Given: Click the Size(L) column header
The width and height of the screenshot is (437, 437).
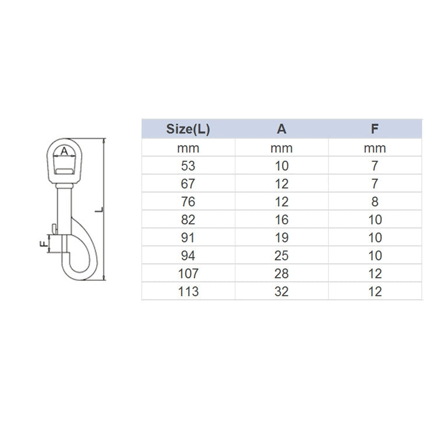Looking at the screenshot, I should [188, 129].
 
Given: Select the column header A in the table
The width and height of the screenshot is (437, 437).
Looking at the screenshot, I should [281, 129].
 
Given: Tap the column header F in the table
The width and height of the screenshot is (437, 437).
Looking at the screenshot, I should [375, 129].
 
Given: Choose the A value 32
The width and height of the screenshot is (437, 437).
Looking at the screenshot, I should [281, 291].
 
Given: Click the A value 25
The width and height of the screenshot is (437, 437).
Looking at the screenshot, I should [281, 256].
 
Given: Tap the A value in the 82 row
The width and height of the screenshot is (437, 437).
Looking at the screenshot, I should [281, 220].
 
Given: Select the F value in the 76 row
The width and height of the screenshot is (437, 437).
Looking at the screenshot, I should [375, 202].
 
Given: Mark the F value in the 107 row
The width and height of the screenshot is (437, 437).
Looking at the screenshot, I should [375, 273].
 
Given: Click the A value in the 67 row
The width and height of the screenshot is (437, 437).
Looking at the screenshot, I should [281, 184].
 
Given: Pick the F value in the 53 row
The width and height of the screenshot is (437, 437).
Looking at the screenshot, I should [375, 165].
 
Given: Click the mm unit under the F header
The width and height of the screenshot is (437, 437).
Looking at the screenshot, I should [375, 148].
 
